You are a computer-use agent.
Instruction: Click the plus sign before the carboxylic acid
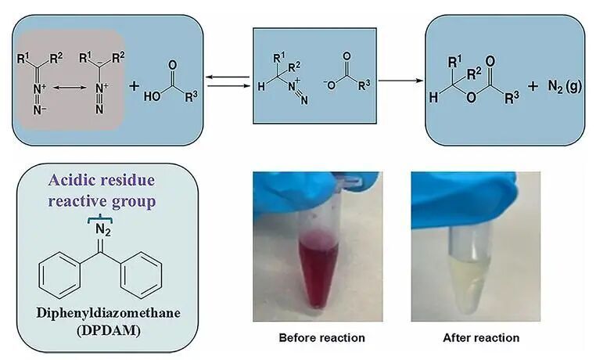(x=134, y=86)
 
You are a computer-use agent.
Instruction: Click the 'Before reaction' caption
(x=321, y=338)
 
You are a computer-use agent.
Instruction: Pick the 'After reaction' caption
(x=481, y=338)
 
